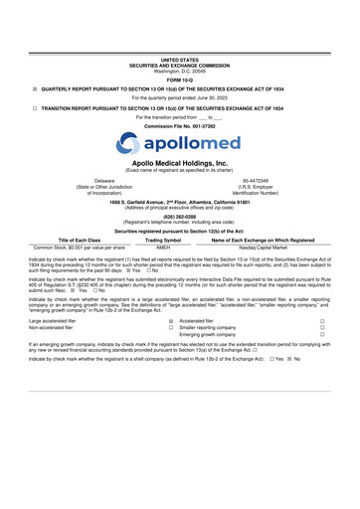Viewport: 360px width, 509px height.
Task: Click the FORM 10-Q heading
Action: click(180, 81)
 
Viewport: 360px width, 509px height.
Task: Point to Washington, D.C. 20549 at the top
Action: click(180, 71)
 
